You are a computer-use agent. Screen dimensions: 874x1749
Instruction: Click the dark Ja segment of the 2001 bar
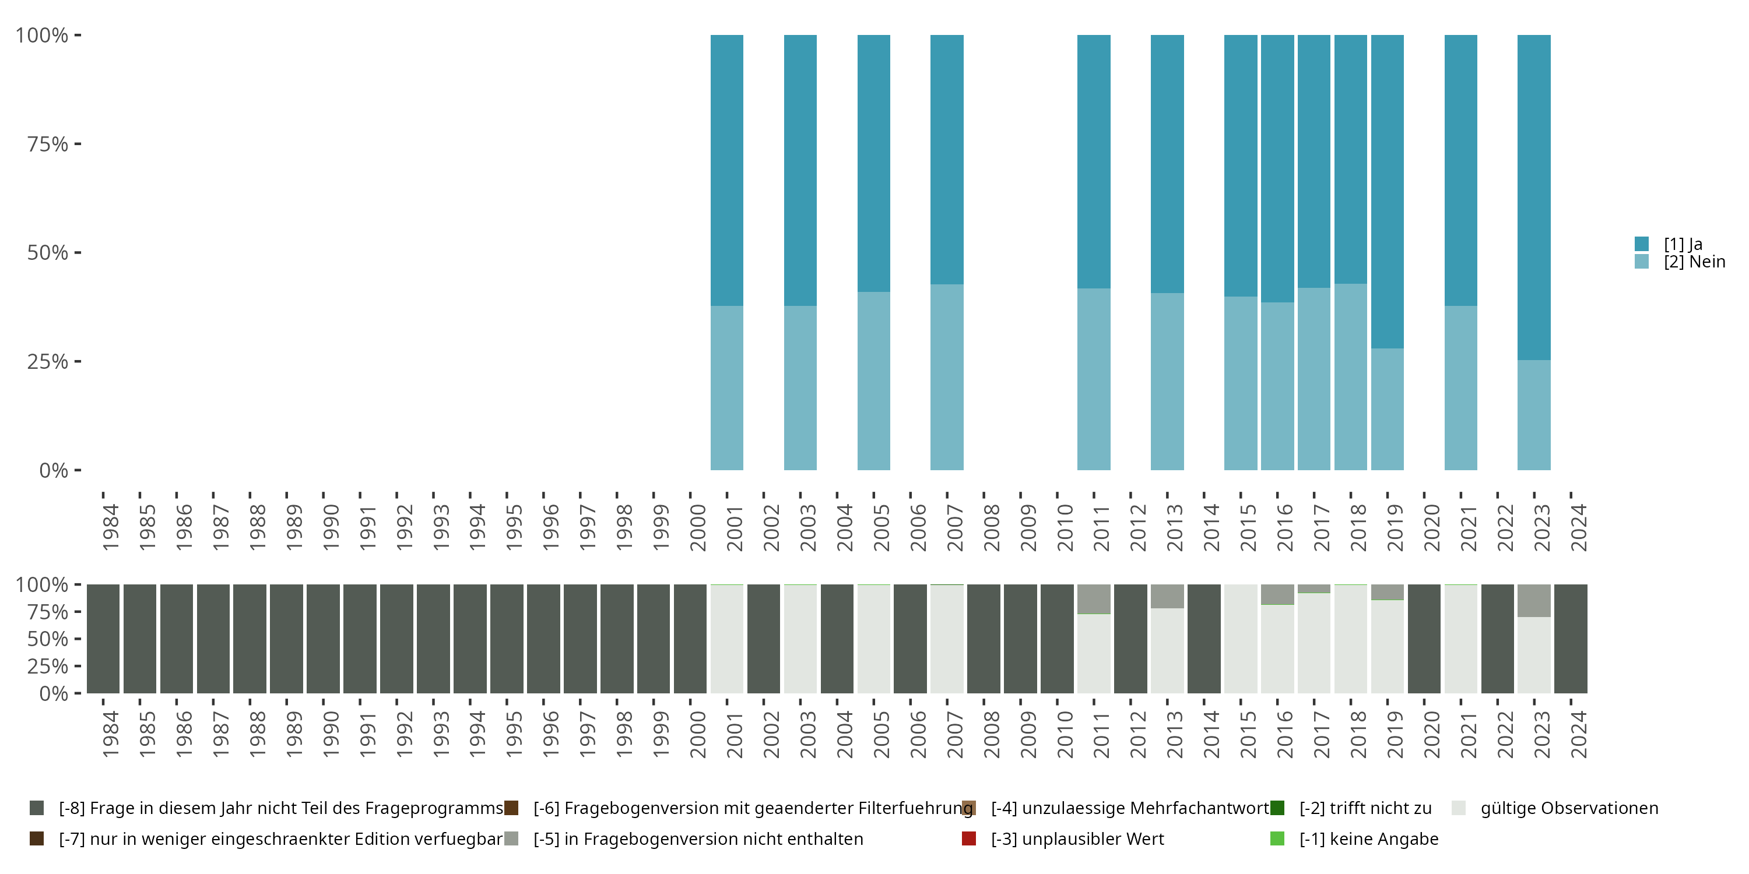726,170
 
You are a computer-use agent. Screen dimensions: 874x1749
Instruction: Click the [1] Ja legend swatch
1642,244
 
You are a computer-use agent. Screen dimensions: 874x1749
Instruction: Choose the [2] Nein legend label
1694,262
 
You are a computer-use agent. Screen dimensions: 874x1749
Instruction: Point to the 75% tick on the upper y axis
78,144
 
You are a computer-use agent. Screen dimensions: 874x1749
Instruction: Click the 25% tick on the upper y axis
78,361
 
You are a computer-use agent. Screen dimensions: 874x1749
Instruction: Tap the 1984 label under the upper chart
110,527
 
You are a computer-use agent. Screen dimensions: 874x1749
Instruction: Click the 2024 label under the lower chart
1579,734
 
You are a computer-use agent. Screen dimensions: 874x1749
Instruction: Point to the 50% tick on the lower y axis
78,639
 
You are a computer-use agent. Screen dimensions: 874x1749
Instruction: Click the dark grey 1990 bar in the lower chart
323,639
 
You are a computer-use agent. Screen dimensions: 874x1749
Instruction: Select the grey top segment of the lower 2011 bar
1094,598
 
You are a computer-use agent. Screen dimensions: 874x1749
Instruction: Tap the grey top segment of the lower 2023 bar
1534,601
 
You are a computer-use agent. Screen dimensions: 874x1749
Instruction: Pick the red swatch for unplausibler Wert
969,838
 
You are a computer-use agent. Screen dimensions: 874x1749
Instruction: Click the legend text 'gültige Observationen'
1569,808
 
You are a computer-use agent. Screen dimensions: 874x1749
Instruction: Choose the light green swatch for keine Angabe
1277,838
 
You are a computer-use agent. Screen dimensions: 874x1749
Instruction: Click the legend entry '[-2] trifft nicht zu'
1365,808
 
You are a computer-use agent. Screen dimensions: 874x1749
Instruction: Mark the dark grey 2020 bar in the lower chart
1424,639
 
